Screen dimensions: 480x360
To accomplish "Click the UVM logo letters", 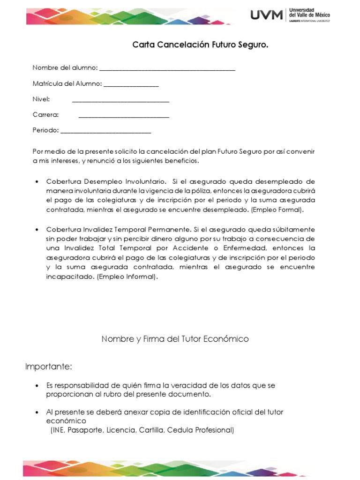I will coord(267,15).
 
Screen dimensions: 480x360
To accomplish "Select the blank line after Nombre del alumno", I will coord(167,69).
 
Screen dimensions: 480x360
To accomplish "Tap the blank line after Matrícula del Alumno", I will coord(131,85).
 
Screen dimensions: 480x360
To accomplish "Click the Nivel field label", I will coord(41,99).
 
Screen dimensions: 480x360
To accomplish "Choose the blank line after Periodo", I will coord(106,132).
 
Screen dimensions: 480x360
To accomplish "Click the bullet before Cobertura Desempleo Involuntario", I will coord(37,181).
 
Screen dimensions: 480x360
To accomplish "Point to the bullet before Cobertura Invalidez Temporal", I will coord(37,230).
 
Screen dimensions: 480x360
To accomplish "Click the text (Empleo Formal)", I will coord(277,210).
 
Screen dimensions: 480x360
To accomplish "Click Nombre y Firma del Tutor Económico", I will coord(175,339).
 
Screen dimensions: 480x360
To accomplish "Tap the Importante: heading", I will coord(49,366).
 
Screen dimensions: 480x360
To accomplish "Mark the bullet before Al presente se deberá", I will coord(37,412).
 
